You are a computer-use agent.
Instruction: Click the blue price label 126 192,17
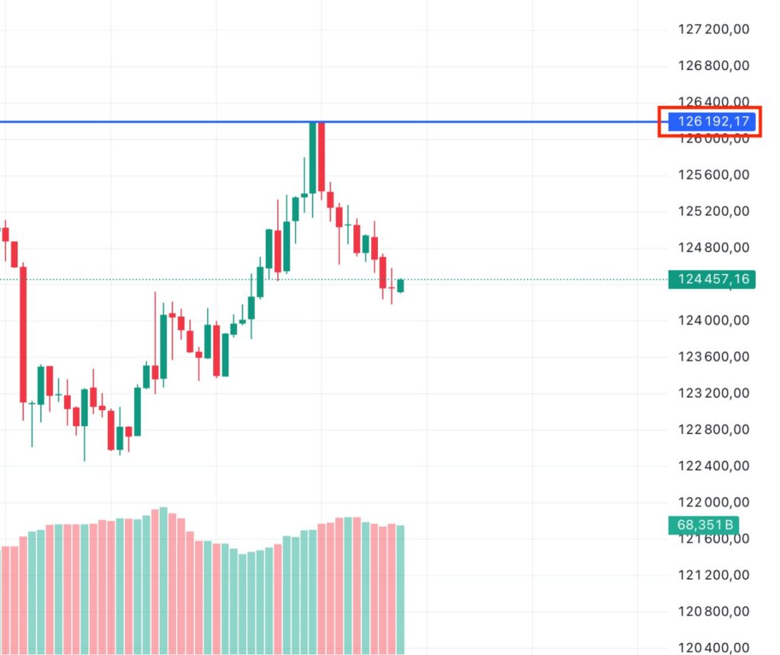point(711,122)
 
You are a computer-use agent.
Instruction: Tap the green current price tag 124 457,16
point(711,279)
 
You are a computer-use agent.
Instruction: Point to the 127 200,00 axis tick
point(713,30)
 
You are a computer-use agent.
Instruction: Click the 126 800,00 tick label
point(713,66)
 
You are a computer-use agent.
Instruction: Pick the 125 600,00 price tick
point(713,175)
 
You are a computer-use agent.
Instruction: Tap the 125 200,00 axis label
point(713,211)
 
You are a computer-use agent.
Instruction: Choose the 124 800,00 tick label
point(713,248)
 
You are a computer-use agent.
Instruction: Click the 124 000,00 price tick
point(713,320)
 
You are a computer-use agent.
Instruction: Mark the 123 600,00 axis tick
point(713,357)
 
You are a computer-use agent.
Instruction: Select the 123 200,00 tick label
point(713,393)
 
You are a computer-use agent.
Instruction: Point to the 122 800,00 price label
point(713,430)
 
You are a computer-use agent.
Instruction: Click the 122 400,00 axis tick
point(713,466)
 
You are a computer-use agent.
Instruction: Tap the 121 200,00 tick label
point(713,575)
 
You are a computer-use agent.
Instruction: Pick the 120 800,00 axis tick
point(713,612)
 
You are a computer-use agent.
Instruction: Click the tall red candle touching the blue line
point(321,156)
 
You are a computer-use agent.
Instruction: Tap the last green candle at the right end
point(401,285)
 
